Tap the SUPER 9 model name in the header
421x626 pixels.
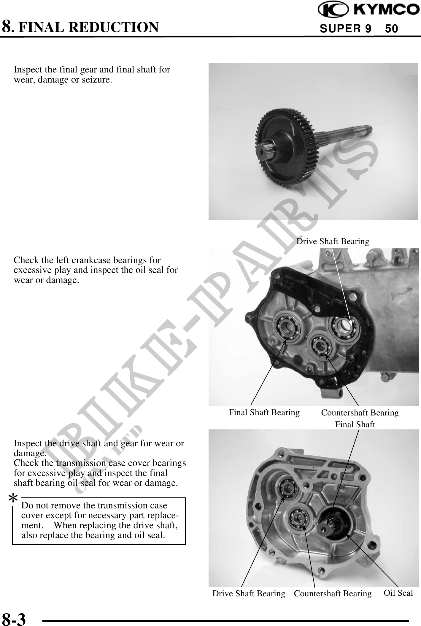coord(346,29)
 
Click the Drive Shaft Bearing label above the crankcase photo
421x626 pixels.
coord(333,241)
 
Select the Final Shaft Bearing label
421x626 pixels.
coord(264,412)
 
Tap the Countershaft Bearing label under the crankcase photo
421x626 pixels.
coord(360,412)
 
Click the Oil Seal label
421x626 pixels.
coord(398,593)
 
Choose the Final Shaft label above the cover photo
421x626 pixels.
coord(355,425)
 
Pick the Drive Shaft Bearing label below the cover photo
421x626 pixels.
coord(249,593)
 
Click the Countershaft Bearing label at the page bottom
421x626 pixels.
coord(333,593)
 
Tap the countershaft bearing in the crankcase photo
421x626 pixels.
coord(321,345)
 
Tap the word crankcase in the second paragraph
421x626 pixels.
coord(90,260)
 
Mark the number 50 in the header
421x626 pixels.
coord(391,29)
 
